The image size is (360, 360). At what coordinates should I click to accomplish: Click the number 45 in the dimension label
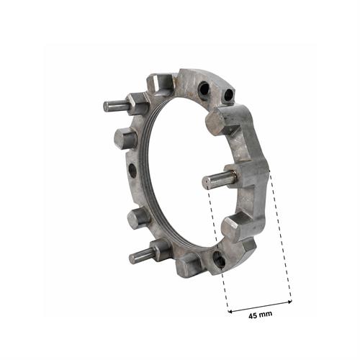coord(253,315)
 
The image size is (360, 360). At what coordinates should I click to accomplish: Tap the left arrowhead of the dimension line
coord(230,312)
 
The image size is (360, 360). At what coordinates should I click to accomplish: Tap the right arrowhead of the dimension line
coord(289,302)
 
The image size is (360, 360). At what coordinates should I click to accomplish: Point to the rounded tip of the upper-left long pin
coord(106,107)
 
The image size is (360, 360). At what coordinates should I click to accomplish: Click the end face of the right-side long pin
coord(206,182)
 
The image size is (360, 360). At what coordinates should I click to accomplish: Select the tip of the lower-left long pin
coord(132,259)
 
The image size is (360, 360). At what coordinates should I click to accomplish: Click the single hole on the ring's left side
coord(132,171)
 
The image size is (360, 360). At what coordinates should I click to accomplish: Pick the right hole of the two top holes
coord(229,94)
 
